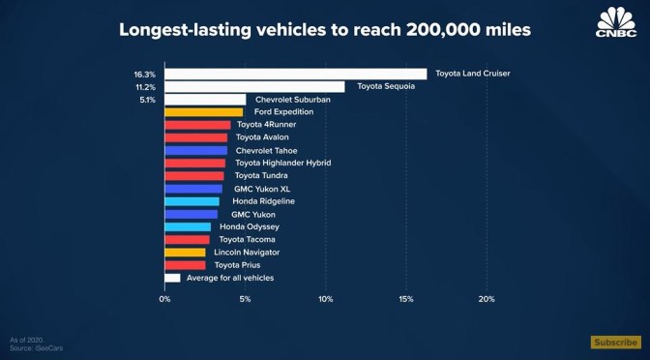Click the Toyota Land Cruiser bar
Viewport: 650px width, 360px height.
coord(295,74)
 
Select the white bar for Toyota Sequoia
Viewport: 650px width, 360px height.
coord(254,87)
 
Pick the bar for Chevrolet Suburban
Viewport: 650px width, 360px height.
coord(205,100)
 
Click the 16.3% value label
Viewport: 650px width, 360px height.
coord(146,74)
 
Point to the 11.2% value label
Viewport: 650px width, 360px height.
coord(146,87)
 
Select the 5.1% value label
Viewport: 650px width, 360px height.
coord(148,100)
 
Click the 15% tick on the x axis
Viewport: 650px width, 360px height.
coord(406,299)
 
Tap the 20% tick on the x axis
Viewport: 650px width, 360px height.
coord(487,299)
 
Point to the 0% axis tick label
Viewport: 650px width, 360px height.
coord(164,299)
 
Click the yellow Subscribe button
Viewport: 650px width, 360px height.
coord(615,342)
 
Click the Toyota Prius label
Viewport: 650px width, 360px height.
coord(237,264)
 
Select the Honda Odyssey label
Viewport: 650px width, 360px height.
coord(250,226)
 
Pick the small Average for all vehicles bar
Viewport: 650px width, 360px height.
coord(172,278)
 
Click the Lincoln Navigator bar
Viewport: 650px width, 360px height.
coord(185,252)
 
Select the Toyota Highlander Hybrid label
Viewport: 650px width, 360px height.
coord(283,164)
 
